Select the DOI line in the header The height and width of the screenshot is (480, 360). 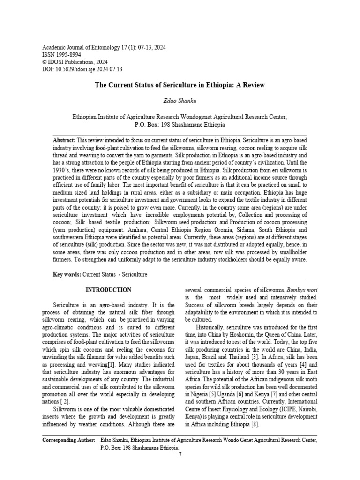coord(82,69)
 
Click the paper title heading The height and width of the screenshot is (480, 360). coord(180,85)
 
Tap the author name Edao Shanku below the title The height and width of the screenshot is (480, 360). coord(180,101)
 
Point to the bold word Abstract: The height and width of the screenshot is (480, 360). coord(64,140)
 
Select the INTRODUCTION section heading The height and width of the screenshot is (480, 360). coord(108,290)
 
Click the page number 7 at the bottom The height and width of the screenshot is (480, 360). coord(180,454)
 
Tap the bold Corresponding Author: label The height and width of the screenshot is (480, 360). coord(69,440)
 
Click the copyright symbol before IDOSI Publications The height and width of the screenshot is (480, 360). coord(45,62)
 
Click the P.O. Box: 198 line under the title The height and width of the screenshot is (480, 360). coord(180,125)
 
